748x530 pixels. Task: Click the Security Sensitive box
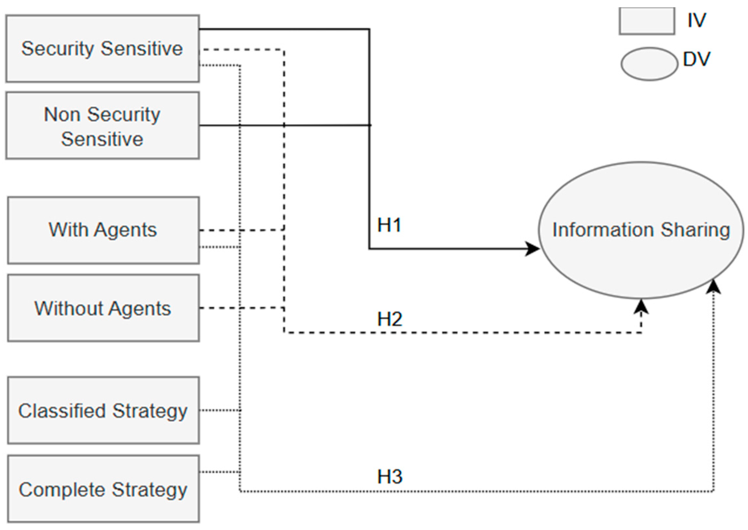click(x=102, y=48)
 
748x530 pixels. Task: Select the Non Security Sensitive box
click(x=102, y=126)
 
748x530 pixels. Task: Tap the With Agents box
click(x=103, y=230)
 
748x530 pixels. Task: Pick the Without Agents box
click(x=103, y=308)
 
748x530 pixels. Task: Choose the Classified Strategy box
click(x=103, y=410)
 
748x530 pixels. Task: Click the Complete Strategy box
click(x=103, y=489)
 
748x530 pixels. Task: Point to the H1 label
click(x=389, y=225)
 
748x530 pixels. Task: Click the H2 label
click(x=390, y=319)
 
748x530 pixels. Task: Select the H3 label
click(x=390, y=477)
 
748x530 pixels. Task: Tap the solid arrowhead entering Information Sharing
click(x=532, y=249)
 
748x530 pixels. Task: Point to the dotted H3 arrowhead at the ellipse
click(x=713, y=286)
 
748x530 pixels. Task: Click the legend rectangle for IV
click(x=647, y=21)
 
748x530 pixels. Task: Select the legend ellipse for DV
click(x=649, y=64)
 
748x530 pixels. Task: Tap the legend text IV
click(x=697, y=20)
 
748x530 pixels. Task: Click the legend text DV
click(x=697, y=59)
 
